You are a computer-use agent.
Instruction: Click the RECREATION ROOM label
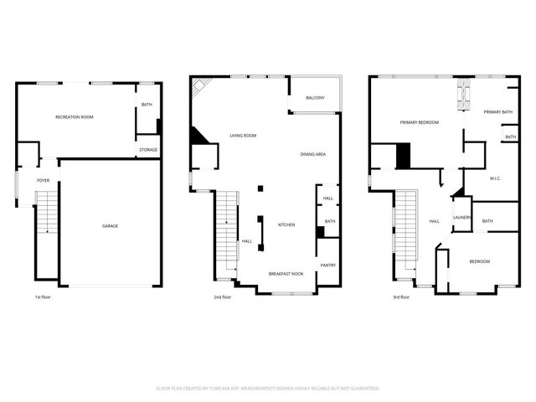click(74, 117)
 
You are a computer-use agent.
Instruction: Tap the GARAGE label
click(110, 226)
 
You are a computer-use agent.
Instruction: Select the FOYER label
click(43, 180)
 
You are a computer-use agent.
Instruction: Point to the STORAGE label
click(148, 150)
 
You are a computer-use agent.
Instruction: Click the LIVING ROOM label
click(243, 136)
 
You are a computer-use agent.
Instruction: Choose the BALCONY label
click(315, 98)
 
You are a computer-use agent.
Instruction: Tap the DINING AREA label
click(313, 155)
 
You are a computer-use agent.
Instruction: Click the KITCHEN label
click(287, 224)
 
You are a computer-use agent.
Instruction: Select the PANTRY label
click(327, 265)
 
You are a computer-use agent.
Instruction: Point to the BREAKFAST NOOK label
click(285, 274)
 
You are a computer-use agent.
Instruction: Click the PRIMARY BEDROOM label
click(419, 123)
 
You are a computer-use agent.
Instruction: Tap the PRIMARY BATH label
click(497, 112)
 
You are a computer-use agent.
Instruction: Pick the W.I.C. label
click(495, 178)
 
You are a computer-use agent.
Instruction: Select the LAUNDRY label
click(462, 218)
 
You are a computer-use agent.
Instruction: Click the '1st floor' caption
click(43, 296)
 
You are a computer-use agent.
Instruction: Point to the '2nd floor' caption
click(223, 296)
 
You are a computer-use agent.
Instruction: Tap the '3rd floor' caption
click(401, 296)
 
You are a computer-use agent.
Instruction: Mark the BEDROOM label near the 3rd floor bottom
click(479, 261)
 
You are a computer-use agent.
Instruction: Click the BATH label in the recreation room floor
click(147, 105)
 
